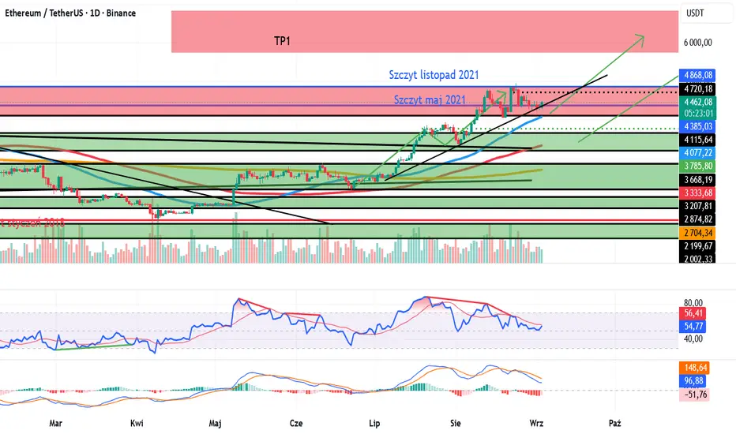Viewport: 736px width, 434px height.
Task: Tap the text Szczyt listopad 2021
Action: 434,76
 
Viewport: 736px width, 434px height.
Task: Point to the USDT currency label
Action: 696,14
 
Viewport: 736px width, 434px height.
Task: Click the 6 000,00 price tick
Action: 698,43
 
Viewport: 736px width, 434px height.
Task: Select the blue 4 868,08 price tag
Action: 698,75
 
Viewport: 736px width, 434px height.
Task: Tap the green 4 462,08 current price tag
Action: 698,102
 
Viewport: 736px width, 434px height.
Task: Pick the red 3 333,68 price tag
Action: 698,193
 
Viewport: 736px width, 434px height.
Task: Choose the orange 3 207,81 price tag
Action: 698,206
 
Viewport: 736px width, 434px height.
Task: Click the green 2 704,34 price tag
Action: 698,233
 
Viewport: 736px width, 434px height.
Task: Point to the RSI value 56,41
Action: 693,313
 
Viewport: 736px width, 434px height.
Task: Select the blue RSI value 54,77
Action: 693,326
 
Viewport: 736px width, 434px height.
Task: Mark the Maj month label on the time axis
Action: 215,423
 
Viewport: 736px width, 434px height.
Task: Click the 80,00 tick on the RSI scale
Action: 693,301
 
